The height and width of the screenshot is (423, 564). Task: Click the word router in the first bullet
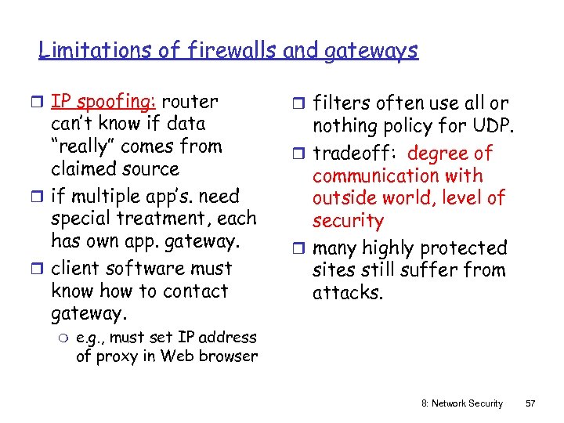pos(193,101)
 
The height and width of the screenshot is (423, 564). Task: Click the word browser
pos(227,357)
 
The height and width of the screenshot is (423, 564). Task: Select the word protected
pos(465,248)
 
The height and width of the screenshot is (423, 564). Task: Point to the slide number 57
pos(530,403)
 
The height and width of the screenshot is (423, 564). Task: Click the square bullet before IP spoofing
pos(42,102)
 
